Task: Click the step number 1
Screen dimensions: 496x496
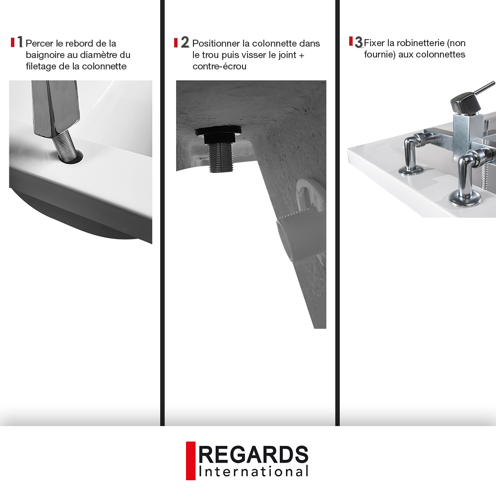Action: tap(20, 42)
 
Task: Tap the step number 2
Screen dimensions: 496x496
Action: tap(185, 42)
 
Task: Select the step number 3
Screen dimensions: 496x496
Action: tap(359, 42)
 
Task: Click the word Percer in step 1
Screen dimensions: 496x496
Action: tap(39, 43)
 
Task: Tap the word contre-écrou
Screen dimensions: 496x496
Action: tap(220, 66)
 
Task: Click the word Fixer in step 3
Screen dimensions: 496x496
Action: tap(374, 43)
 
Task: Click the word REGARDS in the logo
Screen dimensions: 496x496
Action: tap(253, 454)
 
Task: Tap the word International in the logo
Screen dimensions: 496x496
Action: tap(253, 472)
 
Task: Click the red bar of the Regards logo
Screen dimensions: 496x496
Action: tap(190, 461)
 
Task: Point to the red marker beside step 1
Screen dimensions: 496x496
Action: tap(13, 42)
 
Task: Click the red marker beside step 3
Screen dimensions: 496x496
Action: tap(351, 41)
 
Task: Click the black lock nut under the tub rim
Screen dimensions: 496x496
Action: tap(218, 134)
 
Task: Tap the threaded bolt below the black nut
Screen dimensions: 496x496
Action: tap(220, 157)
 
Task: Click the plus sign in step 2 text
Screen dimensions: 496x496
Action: tap(301, 56)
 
